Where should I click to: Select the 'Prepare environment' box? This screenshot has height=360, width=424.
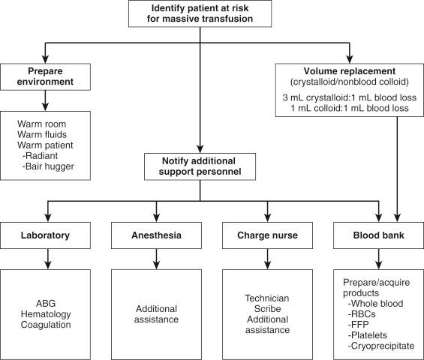click(47, 76)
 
